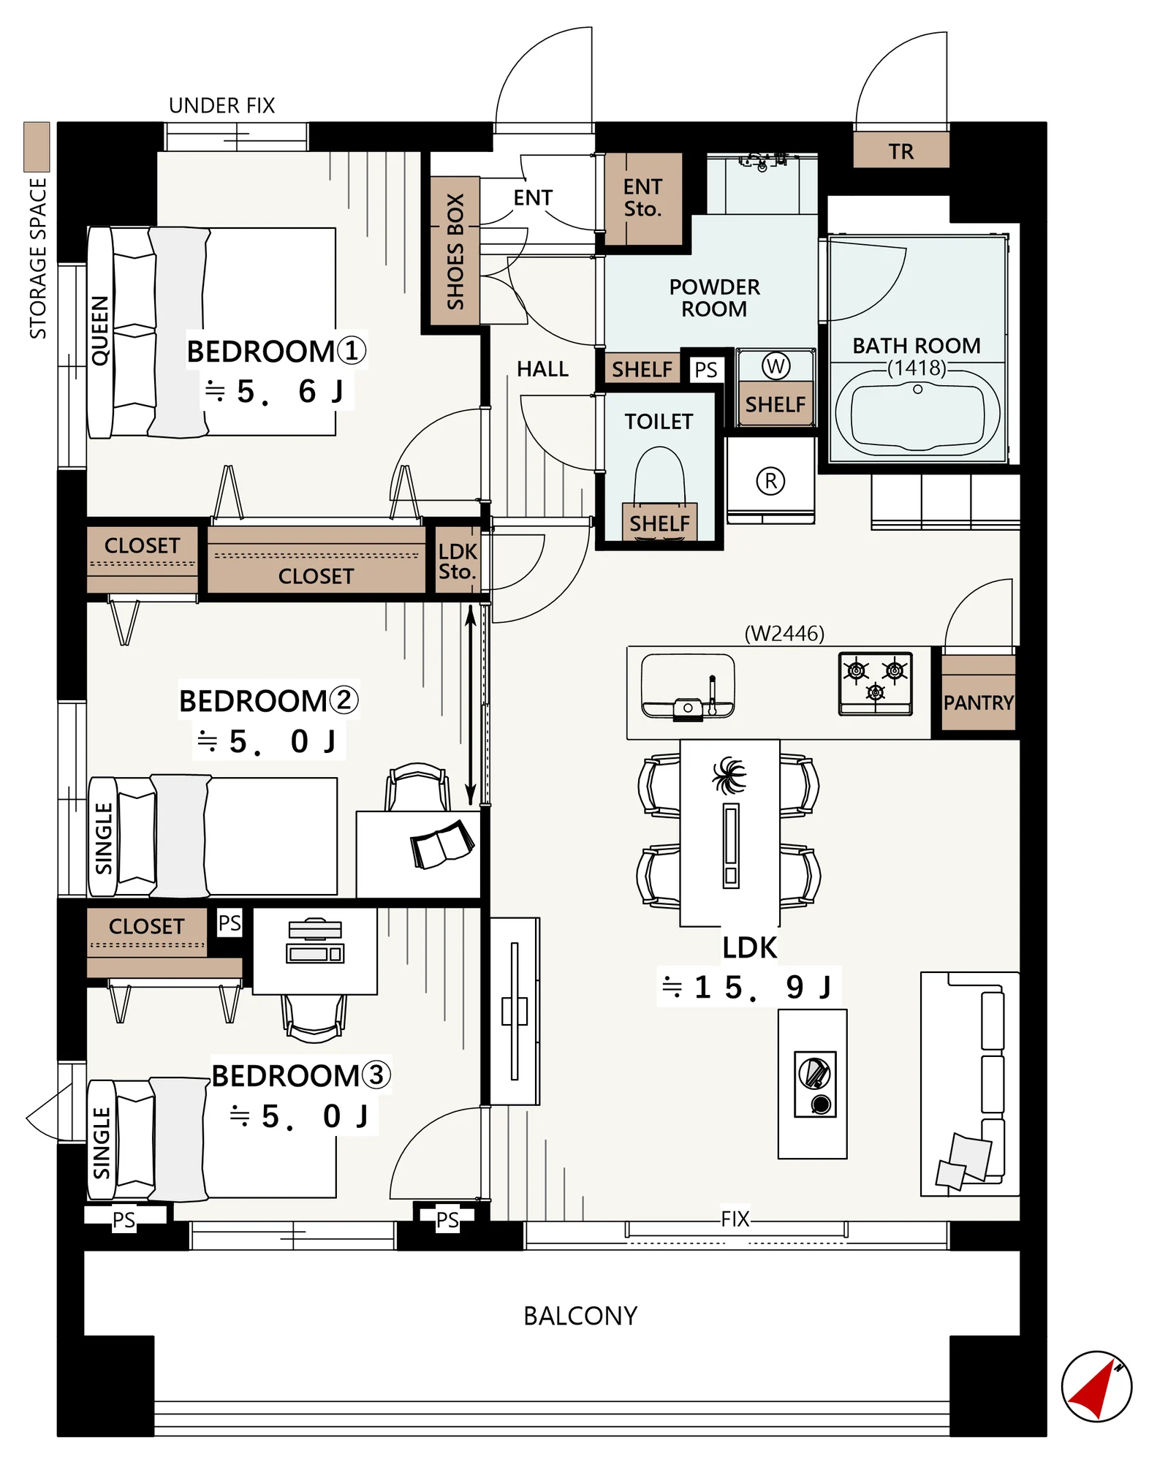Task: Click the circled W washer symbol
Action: [x=776, y=365]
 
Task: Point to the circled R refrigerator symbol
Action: [x=770, y=480]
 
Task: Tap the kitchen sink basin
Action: [x=688, y=686]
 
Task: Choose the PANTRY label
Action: [x=978, y=702]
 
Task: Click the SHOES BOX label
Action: [x=455, y=251]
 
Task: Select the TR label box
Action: [x=901, y=151]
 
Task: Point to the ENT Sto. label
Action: [x=642, y=198]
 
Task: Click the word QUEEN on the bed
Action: [x=100, y=330]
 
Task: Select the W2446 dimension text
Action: [x=784, y=633]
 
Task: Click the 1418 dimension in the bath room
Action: [x=917, y=368]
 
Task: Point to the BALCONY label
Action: [x=580, y=1316]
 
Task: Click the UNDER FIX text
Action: [x=221, y=106]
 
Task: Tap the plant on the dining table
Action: [x=729, y=775]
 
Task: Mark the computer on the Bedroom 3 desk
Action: [x=315, y=942]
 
